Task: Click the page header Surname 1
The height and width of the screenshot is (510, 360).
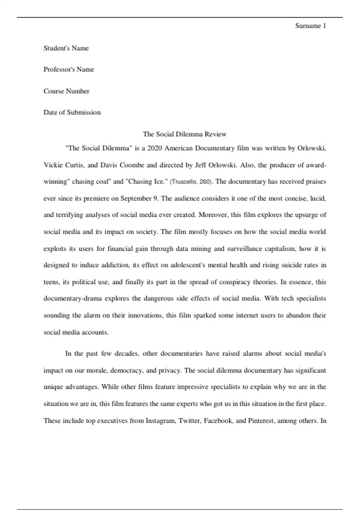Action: pyautogui.click(x=310, y=26)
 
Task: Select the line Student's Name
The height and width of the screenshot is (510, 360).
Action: pyautogui.click(x=66, y=48)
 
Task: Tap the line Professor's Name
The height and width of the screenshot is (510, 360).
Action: pyautogui.click(x=69, y=70)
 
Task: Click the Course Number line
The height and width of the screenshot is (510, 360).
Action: pyautogui.click(x=66, y=91)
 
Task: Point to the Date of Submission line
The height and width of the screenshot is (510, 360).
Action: pyautogui.click(x=72, y=112)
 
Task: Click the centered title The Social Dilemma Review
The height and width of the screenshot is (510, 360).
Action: pyautogui.click(x=184, y=134)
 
